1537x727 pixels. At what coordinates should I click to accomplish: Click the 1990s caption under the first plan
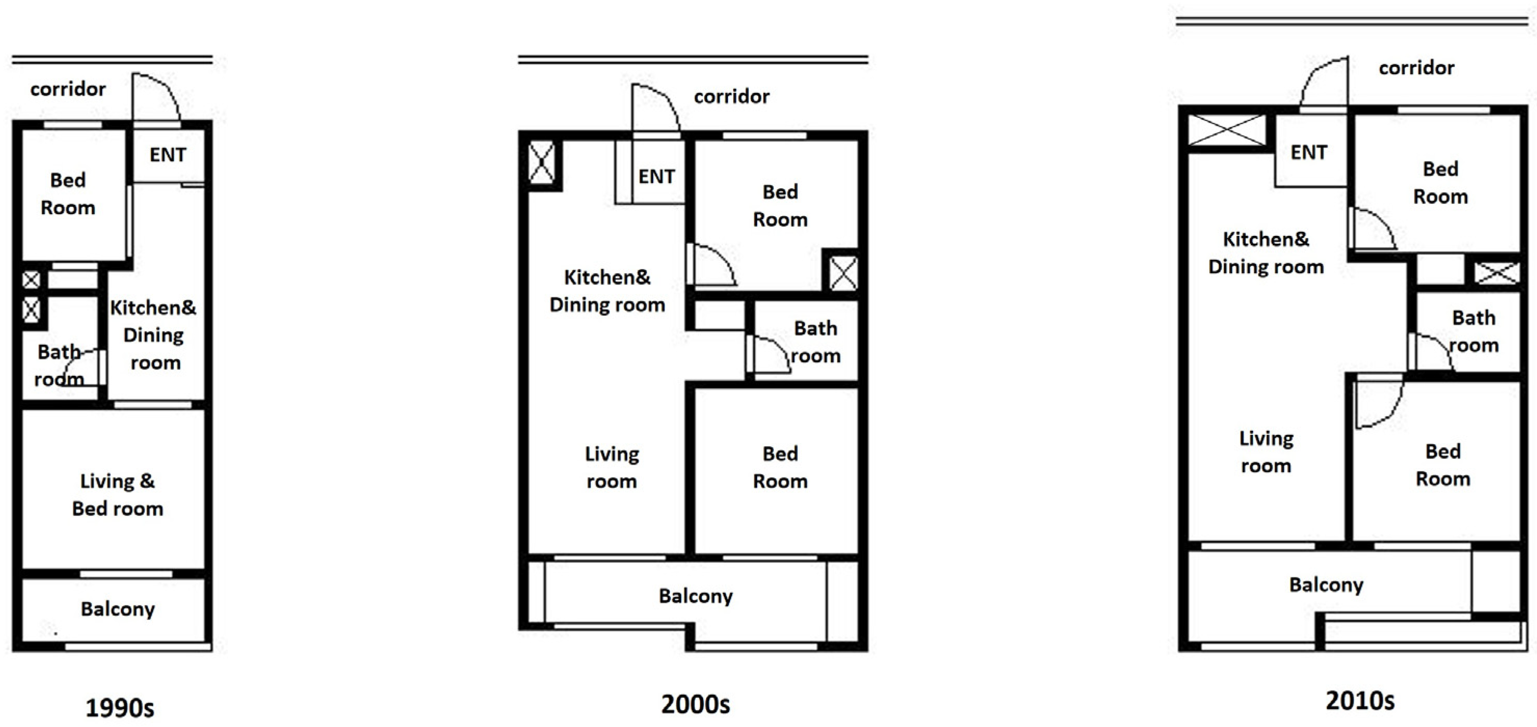click(120, 708)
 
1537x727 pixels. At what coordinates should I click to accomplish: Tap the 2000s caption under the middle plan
click(695, 704)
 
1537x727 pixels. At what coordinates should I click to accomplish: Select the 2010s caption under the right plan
click(1360, 700)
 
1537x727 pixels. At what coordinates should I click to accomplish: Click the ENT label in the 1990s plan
click(168, 154)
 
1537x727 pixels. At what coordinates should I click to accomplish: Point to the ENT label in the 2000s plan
click(656, 176)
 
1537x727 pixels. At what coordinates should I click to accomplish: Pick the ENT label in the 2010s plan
click(1309, 152)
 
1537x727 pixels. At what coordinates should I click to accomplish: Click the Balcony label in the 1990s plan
click(118, 609)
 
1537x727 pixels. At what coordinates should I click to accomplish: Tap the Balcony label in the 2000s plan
click(696, 596)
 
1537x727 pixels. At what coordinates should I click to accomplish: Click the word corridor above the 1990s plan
click(68, 89)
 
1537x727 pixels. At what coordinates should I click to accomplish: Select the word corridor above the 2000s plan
click(732, 96)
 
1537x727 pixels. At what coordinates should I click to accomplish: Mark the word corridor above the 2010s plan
click(1417, 68)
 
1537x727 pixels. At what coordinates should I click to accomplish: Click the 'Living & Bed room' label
click(117, 495)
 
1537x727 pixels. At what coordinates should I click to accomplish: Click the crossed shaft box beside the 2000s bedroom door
click(843, 273)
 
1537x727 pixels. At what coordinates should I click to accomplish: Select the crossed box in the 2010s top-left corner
click(1226, 129)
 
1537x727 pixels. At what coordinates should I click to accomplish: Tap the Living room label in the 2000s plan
click(612, 467)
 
